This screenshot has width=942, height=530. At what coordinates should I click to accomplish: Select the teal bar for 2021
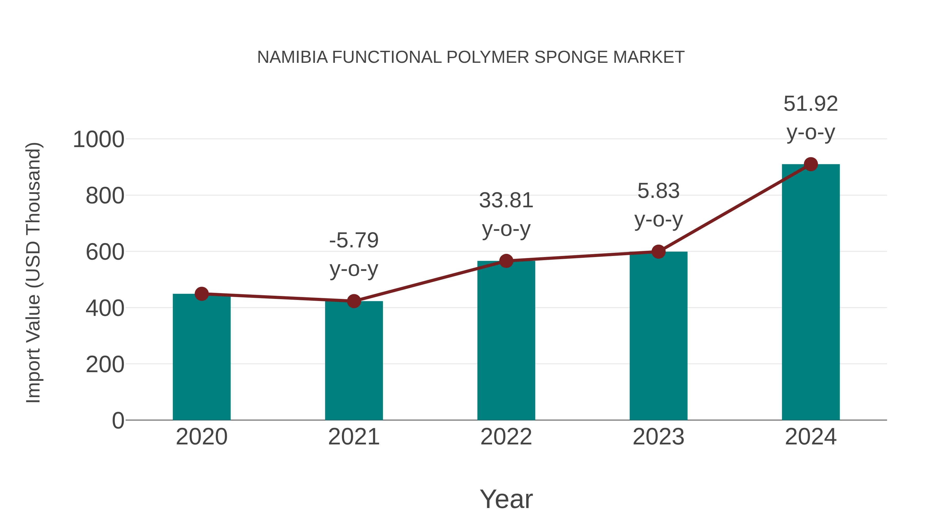pyautogui.click(x=354, y=362)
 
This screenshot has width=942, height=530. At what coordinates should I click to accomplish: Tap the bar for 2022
pyautogui.click(x=506, y=342)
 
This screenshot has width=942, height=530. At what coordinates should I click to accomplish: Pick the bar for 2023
pyautogui.click(x=658, y=337)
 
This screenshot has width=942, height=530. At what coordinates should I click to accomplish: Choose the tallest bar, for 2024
pyautogui.click(x=811, y=293)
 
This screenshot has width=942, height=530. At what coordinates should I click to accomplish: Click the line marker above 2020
pyautogui.click(x=201, y=294)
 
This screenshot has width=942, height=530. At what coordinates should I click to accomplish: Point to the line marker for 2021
pyautogui.click(x=354, y=301)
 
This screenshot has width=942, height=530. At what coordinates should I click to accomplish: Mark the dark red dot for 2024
pyautogui.click(x=811, y=164)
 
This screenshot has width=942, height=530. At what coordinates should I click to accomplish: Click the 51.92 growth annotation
pyautogui.click(x=811, y=104)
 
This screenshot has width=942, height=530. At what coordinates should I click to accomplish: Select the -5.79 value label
pyautogui.click(x=354, y=241)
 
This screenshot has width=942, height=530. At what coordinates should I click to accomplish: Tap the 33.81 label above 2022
pyautogui.click(x=506, y=200)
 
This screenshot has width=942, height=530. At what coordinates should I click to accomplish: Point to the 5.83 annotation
pyautogui.click(x=658, y=191)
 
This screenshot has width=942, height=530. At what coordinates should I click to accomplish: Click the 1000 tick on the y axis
pyautogui.click(x=99, y=140)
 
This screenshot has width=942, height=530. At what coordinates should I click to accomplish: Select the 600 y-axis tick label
pyautogui.click(x=105, y=252)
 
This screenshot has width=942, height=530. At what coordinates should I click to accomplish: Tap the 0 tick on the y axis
pyautogui.click(x=118, y=421)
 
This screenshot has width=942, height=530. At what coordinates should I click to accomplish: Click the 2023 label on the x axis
pyautogui.click(x=658, y=437)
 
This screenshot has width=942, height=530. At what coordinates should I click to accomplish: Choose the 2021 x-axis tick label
pyautogui.click(x=354, y=437)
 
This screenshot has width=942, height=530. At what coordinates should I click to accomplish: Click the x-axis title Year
pyautogui.click(x=506, y=499)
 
